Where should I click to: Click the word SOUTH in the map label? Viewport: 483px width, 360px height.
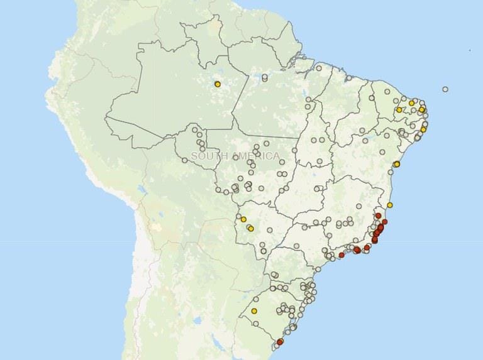pos(208,156)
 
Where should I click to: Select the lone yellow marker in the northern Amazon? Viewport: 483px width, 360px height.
pos(217,84)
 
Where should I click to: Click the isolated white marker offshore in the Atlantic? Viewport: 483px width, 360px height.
pos(445,89)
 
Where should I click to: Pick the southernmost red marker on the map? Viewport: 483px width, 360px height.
pos(280,342)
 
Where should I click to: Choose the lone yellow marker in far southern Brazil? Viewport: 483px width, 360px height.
pos(254,310)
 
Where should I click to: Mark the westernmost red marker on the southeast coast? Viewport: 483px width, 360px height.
pos(341,255)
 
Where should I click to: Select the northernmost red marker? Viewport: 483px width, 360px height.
pos(378,215)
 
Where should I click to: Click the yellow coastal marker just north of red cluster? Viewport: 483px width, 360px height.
pos(390,205)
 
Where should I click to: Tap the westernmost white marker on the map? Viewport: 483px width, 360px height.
pos(184,160)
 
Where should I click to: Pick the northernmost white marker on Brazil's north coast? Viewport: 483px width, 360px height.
pos(319,67)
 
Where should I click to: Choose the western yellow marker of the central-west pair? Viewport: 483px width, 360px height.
pos(243,219)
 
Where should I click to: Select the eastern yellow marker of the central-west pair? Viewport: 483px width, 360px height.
pos(250,228)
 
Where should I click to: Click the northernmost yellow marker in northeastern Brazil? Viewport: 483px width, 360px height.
pos(411,103)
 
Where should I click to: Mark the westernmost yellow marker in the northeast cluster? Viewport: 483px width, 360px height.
pos(399,110)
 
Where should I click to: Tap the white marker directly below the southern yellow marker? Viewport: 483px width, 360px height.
pos(256,324)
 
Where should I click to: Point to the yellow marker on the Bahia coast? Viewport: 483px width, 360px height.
pos(396,164)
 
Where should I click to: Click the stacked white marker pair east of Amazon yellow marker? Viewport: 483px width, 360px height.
pos(264,78)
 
